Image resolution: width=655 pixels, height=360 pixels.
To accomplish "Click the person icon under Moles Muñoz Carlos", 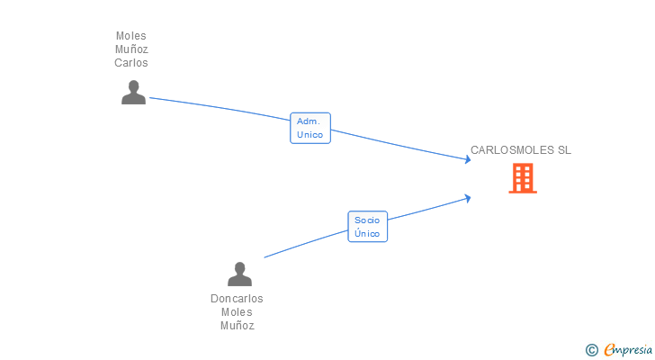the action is (134, 93).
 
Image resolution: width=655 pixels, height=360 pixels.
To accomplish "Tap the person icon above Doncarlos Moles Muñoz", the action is (239, 274).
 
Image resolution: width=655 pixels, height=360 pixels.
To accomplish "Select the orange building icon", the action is (523, 178).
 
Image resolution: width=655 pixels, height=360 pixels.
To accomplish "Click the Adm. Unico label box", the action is (310, 128).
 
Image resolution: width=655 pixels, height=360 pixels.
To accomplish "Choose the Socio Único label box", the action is (368, 227).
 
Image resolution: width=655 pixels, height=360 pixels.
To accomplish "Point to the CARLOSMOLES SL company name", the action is (520, 150).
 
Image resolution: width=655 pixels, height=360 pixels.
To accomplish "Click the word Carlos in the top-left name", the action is (131, 63).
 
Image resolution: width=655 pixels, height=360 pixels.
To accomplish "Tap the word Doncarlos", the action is (237, 299).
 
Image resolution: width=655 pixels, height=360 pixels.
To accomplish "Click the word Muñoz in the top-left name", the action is (131, 49).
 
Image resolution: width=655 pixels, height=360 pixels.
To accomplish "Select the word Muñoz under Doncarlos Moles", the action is (238, 325).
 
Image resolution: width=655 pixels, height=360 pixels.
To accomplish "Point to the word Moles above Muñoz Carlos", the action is (131, 36).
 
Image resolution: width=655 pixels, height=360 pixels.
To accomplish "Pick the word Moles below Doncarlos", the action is (237, 312).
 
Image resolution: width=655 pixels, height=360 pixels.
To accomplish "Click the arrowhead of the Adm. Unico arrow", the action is (468, 159).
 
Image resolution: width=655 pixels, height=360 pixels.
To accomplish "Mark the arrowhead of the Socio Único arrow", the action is (468, 198).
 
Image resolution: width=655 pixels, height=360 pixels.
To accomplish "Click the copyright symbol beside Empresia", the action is (591, 350).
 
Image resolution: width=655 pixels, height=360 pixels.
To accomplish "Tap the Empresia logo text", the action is (628, 350).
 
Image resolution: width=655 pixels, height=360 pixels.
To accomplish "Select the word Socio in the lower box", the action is (367, 220).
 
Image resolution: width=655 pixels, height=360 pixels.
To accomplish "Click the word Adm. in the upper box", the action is (309, 121).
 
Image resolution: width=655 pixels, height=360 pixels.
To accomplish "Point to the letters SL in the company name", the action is (564, 150).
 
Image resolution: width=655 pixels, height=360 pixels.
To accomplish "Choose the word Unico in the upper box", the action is (310, 134).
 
